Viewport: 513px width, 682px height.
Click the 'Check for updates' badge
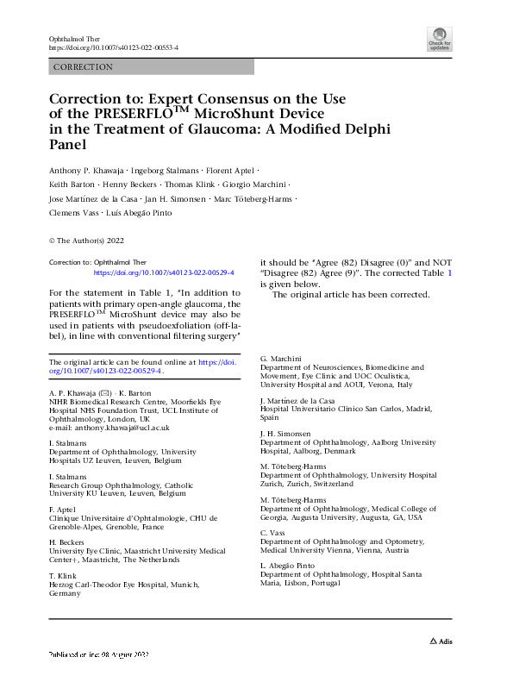(441, 40)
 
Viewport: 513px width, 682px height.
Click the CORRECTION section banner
(151, 67)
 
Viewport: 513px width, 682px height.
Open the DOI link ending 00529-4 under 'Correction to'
(164, 272)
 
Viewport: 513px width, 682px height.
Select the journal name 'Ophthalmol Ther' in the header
(74, 39)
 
